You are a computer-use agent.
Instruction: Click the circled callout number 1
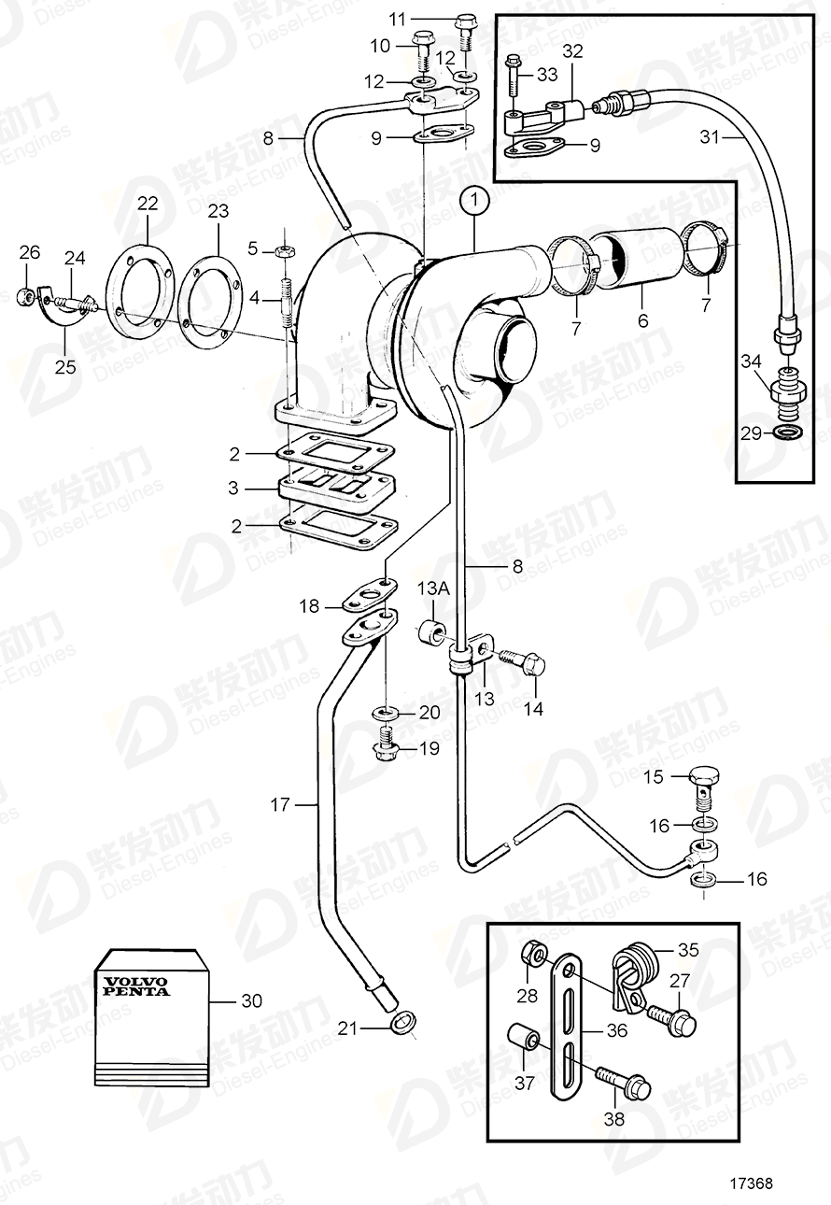pos(474,199)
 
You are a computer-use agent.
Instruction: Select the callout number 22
pos(148,204)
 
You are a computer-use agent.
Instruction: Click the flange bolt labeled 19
pos(385,748)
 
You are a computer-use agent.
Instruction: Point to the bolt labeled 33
pos(513,78)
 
